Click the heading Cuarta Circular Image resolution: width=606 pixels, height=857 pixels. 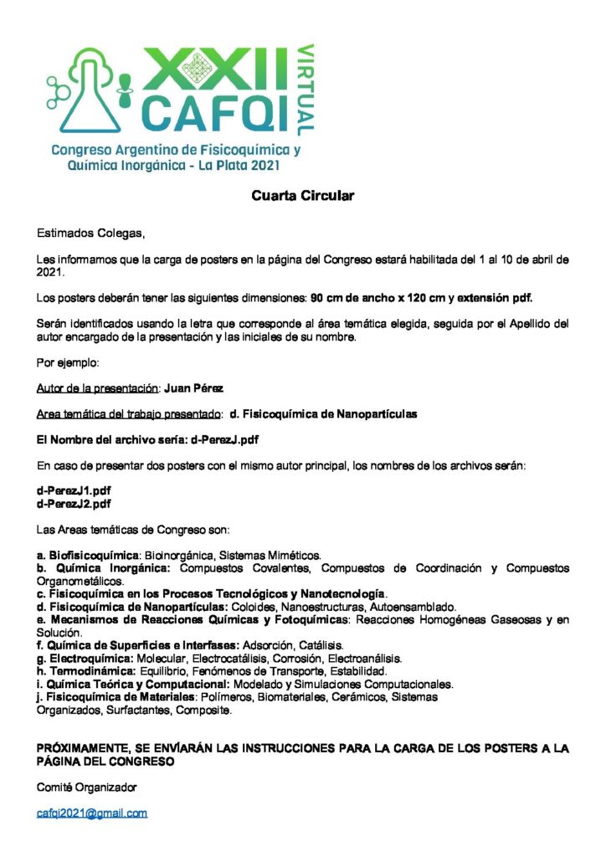303,196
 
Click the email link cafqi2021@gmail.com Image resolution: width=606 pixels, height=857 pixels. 91,813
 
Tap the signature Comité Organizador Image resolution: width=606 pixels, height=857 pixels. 86,788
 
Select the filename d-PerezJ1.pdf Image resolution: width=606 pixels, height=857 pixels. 74,490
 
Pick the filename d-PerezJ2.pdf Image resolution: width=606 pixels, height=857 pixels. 74,504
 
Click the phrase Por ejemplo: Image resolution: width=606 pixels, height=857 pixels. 68,364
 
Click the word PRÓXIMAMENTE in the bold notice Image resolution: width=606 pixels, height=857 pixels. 81,749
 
